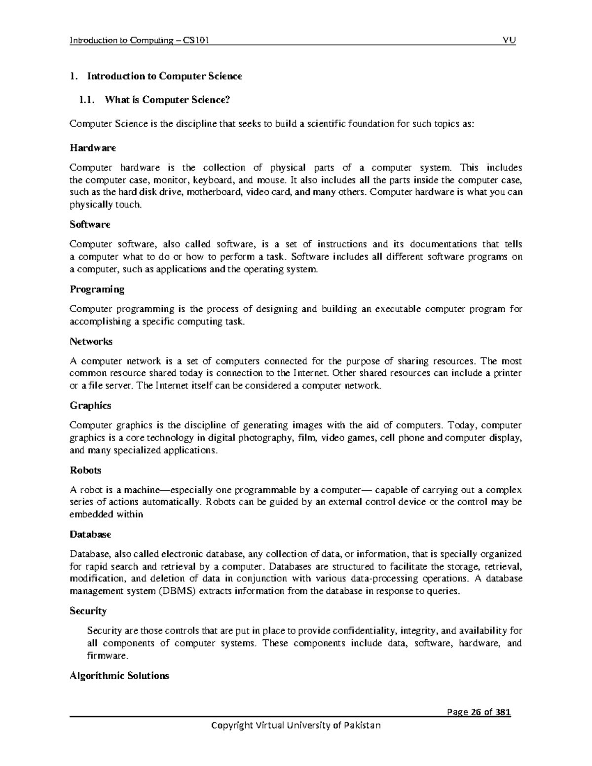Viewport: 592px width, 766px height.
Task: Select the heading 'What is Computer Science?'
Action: [x=167, y=100]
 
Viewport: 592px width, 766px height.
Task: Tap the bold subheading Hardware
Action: [x=93, y=148]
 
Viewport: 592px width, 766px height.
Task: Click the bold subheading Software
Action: [x=90, y=224]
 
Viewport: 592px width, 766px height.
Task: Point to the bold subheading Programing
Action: [x=97, y=289]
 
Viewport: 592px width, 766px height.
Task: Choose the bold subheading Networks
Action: [x=91, y=341]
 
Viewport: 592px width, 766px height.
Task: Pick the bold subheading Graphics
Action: [x=90, y=405]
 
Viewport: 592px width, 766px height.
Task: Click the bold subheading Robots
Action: [x=85, y=470]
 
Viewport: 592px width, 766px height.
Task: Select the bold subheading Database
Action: [x=90, y=534]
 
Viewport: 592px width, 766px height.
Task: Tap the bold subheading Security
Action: [x=88, y=611]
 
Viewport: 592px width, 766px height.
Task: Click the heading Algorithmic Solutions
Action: [x=119, y=676]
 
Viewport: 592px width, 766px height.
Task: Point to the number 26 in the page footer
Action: [x=471, y=712]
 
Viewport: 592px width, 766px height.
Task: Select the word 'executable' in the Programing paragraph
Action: [x=398, y=309]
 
